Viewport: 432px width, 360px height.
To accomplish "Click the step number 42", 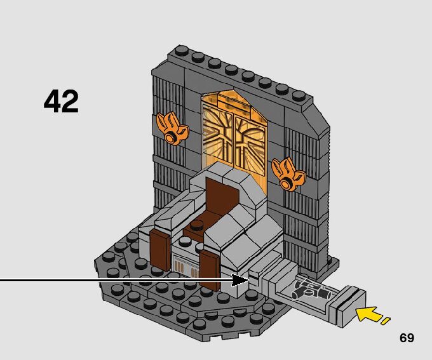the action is [x=61, y=102].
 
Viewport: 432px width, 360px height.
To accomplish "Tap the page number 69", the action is [x=407, y=338].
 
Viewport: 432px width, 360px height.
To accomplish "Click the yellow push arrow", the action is [x=369, y=314].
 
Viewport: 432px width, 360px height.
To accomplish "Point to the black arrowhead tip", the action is [x=246, y=280].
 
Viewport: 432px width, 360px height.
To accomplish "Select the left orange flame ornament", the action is [x=172, y=126].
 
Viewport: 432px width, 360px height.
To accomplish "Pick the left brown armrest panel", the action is [x=160, y=250].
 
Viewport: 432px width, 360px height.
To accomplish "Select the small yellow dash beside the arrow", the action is [x=386, y=321].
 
